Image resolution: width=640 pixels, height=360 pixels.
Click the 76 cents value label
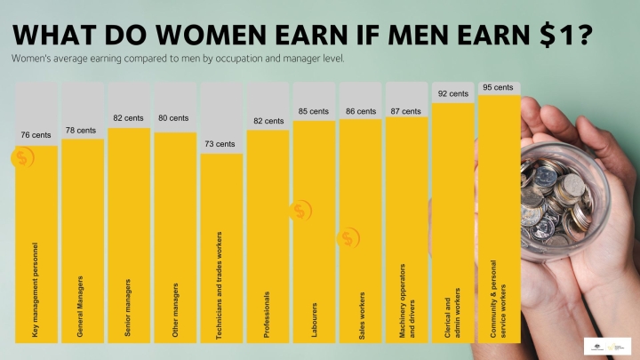pos(36,135)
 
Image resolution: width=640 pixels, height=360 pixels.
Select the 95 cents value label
pos(499,88)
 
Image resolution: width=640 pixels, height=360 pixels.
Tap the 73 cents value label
pos(220,143)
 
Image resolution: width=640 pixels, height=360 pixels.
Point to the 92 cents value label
pos(452,93)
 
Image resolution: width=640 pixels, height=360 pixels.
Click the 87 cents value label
pos(405,111)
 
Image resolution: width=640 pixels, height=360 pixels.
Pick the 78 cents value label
pos(81,130)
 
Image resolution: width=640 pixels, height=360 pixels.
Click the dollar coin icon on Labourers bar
pos(300,211)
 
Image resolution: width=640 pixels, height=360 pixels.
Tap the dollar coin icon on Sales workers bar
pos(348,238)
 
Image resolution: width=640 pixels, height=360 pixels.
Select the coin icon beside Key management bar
pos(23,158)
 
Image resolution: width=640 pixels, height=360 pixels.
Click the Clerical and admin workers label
pos(452,312)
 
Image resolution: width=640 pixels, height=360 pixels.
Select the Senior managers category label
pos(128,308)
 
